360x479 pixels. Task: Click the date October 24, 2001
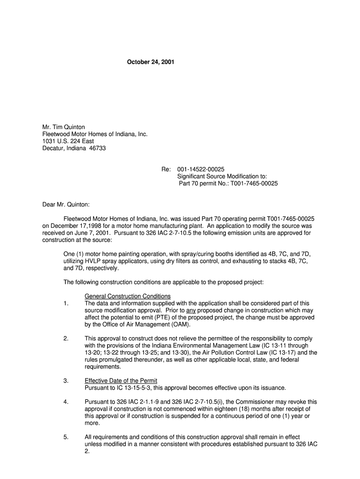(x=151, y=62)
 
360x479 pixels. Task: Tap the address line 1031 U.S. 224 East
(x=68, y=141)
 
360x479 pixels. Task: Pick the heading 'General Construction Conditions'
(x=128, y=296)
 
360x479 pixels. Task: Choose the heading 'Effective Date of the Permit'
(x=121, y=380)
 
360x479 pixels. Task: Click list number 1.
(x=66, y=303)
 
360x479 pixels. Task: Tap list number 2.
(x=66, y=338)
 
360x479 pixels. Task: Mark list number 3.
(x=66, y=380)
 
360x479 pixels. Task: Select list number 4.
(x=66, y=401)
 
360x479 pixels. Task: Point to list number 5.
(x=66, y=437)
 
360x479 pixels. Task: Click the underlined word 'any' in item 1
(x=191, y=310)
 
